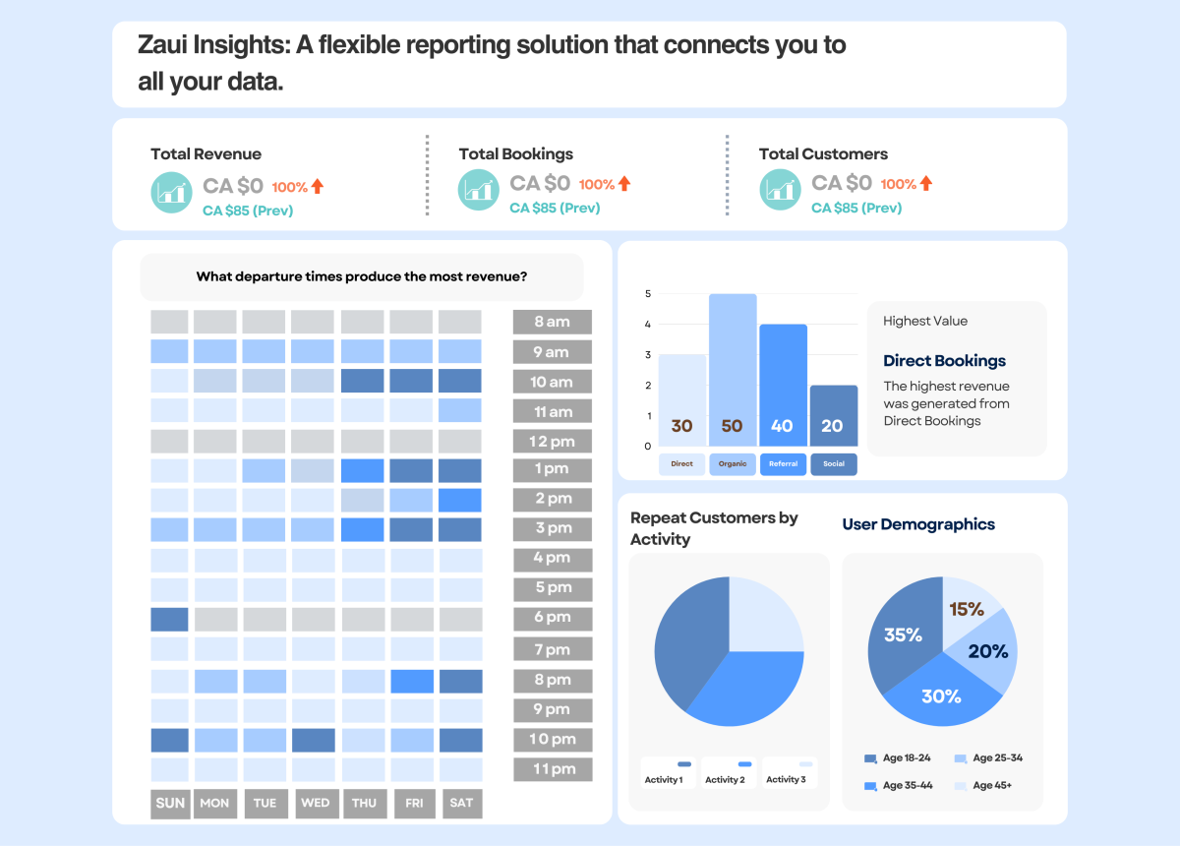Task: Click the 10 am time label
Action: click(x=552, y=382)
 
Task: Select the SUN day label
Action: click(x=170, y=803)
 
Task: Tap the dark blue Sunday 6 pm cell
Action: click(x=169, y=619)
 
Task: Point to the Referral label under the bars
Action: click(x=783, y=463)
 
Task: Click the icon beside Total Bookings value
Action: click(x=479, y=190)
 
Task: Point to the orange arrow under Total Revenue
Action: click(x=318, y=185)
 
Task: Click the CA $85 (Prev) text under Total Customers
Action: click(x=855, y=208)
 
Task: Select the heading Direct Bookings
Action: click(x=944, y=361)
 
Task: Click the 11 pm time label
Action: click(x=552, y=769)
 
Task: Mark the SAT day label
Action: click(x=461, y=803)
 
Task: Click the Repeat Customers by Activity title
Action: click(x=714, y=528)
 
